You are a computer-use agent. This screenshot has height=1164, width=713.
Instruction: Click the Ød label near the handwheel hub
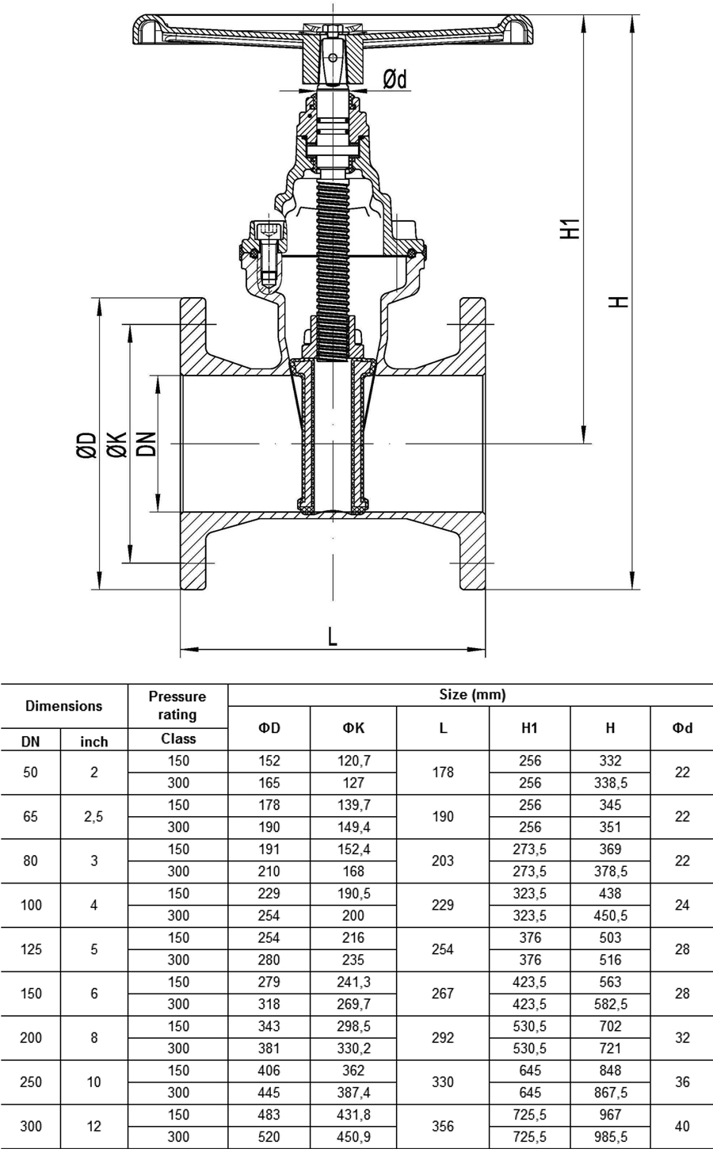tap(395, 79)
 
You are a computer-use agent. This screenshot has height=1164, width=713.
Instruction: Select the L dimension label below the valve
tap(333, 636)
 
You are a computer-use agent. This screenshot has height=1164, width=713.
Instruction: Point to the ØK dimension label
tap(117, 445)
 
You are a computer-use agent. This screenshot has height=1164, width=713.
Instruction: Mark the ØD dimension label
tap(87, 445)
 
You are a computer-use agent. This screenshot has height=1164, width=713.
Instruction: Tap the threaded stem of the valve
tap(333, 270)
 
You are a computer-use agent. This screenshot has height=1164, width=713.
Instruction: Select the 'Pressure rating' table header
tap(177, 705)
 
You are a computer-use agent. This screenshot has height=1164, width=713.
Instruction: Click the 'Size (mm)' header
tap(472, 695)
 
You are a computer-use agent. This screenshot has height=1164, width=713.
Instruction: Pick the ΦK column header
tap(353, 728)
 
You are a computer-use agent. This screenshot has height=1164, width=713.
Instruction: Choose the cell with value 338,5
tap(611, 783)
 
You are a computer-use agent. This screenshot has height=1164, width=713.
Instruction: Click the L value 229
tap(443, 905)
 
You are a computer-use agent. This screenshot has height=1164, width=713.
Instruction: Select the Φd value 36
tap(682, 1082)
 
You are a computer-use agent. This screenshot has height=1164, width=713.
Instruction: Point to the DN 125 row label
tap(31, 949)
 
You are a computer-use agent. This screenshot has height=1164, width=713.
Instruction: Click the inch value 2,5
tap(93, 816)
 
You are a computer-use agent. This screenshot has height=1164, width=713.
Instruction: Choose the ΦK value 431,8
tap(353, 1115)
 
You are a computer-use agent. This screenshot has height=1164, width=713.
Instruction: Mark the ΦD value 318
tap(269, 1004)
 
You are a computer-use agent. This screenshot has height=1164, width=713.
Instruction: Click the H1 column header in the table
tap(529, 728)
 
